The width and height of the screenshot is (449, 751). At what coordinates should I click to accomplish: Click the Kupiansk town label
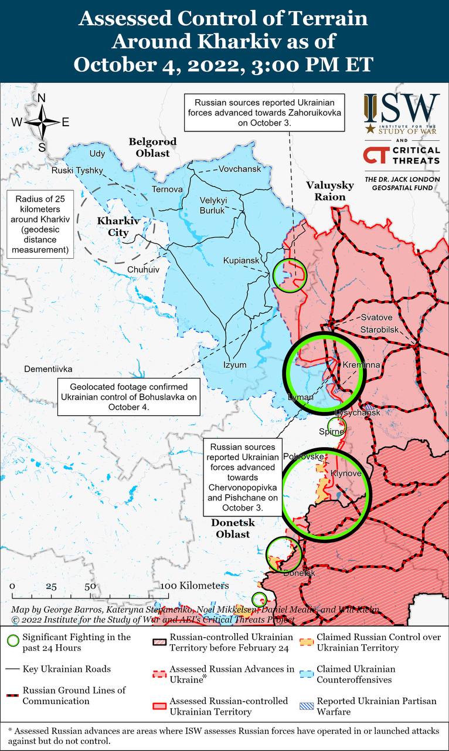(241, 261)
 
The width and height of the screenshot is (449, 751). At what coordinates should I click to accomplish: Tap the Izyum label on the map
(234, 364)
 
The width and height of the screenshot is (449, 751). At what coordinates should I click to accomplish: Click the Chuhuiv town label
(143, 269)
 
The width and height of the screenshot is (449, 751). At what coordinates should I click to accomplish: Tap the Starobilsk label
(380, 329)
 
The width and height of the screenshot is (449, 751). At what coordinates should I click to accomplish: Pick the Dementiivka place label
(48, 369)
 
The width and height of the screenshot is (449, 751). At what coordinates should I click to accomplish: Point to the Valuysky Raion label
(330, 191)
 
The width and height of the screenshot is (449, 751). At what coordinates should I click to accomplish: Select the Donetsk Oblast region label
(232, 528)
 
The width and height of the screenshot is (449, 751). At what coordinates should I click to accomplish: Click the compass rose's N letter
(42, 98)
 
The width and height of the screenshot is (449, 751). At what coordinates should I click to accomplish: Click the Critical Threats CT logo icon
(375, 155)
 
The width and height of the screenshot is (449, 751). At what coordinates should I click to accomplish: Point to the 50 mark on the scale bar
(90, 586)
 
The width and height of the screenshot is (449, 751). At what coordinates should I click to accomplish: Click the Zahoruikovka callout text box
(264, 111)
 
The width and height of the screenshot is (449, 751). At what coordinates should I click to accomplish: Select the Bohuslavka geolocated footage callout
(129, 397)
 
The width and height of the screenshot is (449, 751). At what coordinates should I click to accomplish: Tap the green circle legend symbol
(12, 642)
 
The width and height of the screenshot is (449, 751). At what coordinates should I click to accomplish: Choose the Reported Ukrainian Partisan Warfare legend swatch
(306, 706)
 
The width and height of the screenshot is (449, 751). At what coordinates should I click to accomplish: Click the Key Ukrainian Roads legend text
(66, 669)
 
